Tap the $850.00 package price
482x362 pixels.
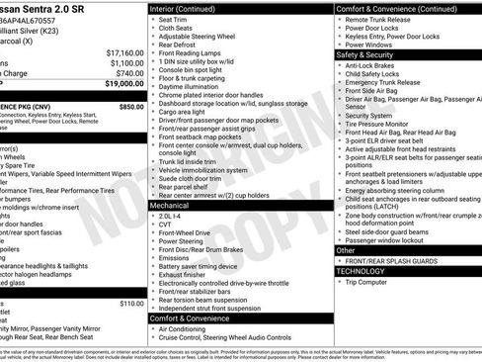[x=130, y=106]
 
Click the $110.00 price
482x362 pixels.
[x=131, y=303]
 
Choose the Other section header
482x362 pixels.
[x=349, y=249]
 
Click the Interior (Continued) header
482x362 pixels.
[x=190, y=8]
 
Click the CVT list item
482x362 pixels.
[x=165, y=224]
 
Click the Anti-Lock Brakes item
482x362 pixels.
[x=377, y=66]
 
